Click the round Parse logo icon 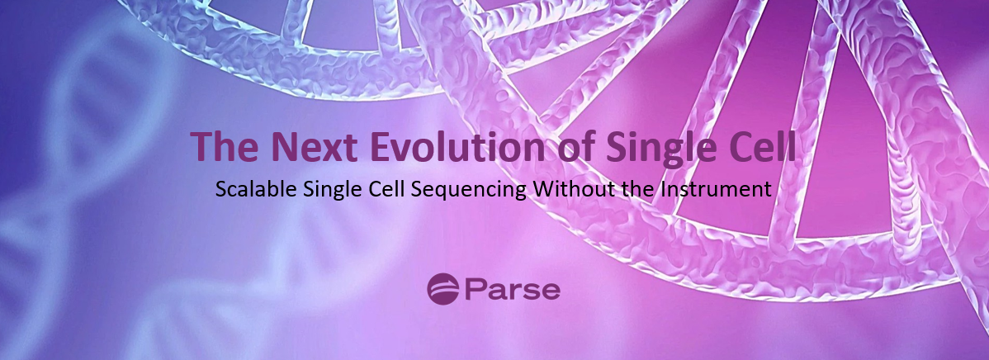[x=442, y=289]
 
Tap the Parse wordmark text [x=512, y=290]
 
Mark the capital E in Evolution [x=381, y=146]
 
